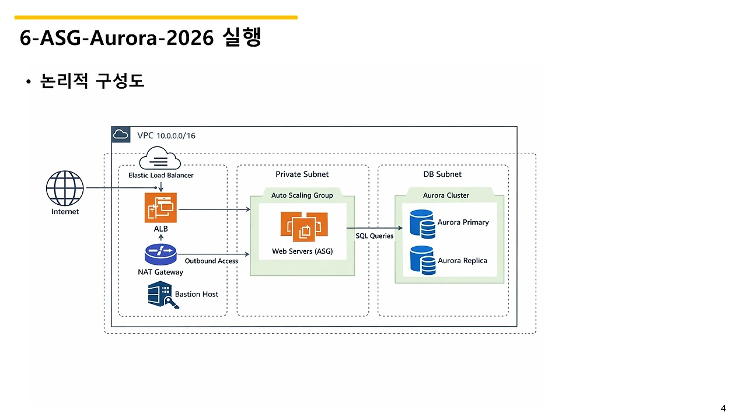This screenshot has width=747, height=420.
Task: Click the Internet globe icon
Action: pos(65,188)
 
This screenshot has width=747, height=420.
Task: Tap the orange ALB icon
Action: pos(160,207)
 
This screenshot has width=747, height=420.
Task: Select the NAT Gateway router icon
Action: pos(160,255)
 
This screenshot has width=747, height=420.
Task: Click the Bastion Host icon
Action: pos(163,295)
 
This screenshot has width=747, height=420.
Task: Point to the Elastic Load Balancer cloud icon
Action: pos(160,158)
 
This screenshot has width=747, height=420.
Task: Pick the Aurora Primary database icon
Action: pos(422,224)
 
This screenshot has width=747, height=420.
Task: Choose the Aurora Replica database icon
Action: pos(423,260)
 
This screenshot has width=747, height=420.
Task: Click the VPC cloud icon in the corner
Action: pos(120,134)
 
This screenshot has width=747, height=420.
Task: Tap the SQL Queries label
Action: pos(374,236)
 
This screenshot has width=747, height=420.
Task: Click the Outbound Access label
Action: pos(211,261)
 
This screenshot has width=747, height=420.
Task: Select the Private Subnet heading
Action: pos(302,174)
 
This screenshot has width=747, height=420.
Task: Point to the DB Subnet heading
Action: pos(442,174)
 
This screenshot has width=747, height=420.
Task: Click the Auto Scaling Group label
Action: pos(302,195)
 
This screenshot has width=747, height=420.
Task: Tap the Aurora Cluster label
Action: pos(446,195)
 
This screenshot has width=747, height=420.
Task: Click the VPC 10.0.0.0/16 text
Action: pos(166,136)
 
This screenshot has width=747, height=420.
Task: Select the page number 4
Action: pos(723,408)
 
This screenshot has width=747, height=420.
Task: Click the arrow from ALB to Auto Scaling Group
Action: pos(214,209)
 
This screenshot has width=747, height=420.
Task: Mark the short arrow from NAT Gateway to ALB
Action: pos(160,237)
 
